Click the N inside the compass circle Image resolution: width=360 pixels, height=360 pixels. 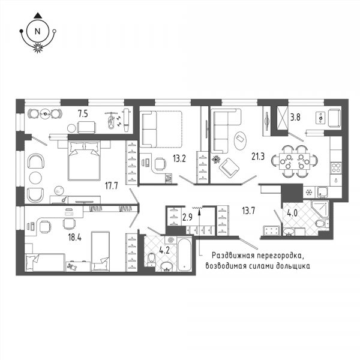point(37,31)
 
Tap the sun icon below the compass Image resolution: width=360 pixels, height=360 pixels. point(38,47)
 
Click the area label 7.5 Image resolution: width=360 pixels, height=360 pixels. point(83,113)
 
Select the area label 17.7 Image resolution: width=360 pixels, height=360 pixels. point(112,185)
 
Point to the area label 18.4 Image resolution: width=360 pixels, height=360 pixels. point(75,238)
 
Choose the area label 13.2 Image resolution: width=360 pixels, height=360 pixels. point(179,158)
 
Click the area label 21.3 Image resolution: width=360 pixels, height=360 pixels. point(258,157)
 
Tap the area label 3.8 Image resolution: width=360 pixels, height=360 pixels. point(295,118)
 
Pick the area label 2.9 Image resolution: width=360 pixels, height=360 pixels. point(187,217)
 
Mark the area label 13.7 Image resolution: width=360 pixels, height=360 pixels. point(248,211)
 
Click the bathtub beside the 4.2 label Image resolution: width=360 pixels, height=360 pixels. point(184,255)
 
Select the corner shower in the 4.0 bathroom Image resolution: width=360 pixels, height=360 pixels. point(320,209)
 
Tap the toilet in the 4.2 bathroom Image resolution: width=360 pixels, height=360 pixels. point(152,259)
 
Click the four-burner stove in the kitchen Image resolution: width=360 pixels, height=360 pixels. point(335,167)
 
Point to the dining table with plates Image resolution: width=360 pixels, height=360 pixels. point(295,161)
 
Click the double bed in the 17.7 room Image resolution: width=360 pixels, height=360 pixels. point(84,161)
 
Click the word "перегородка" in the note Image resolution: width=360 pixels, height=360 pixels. point(278,255)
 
